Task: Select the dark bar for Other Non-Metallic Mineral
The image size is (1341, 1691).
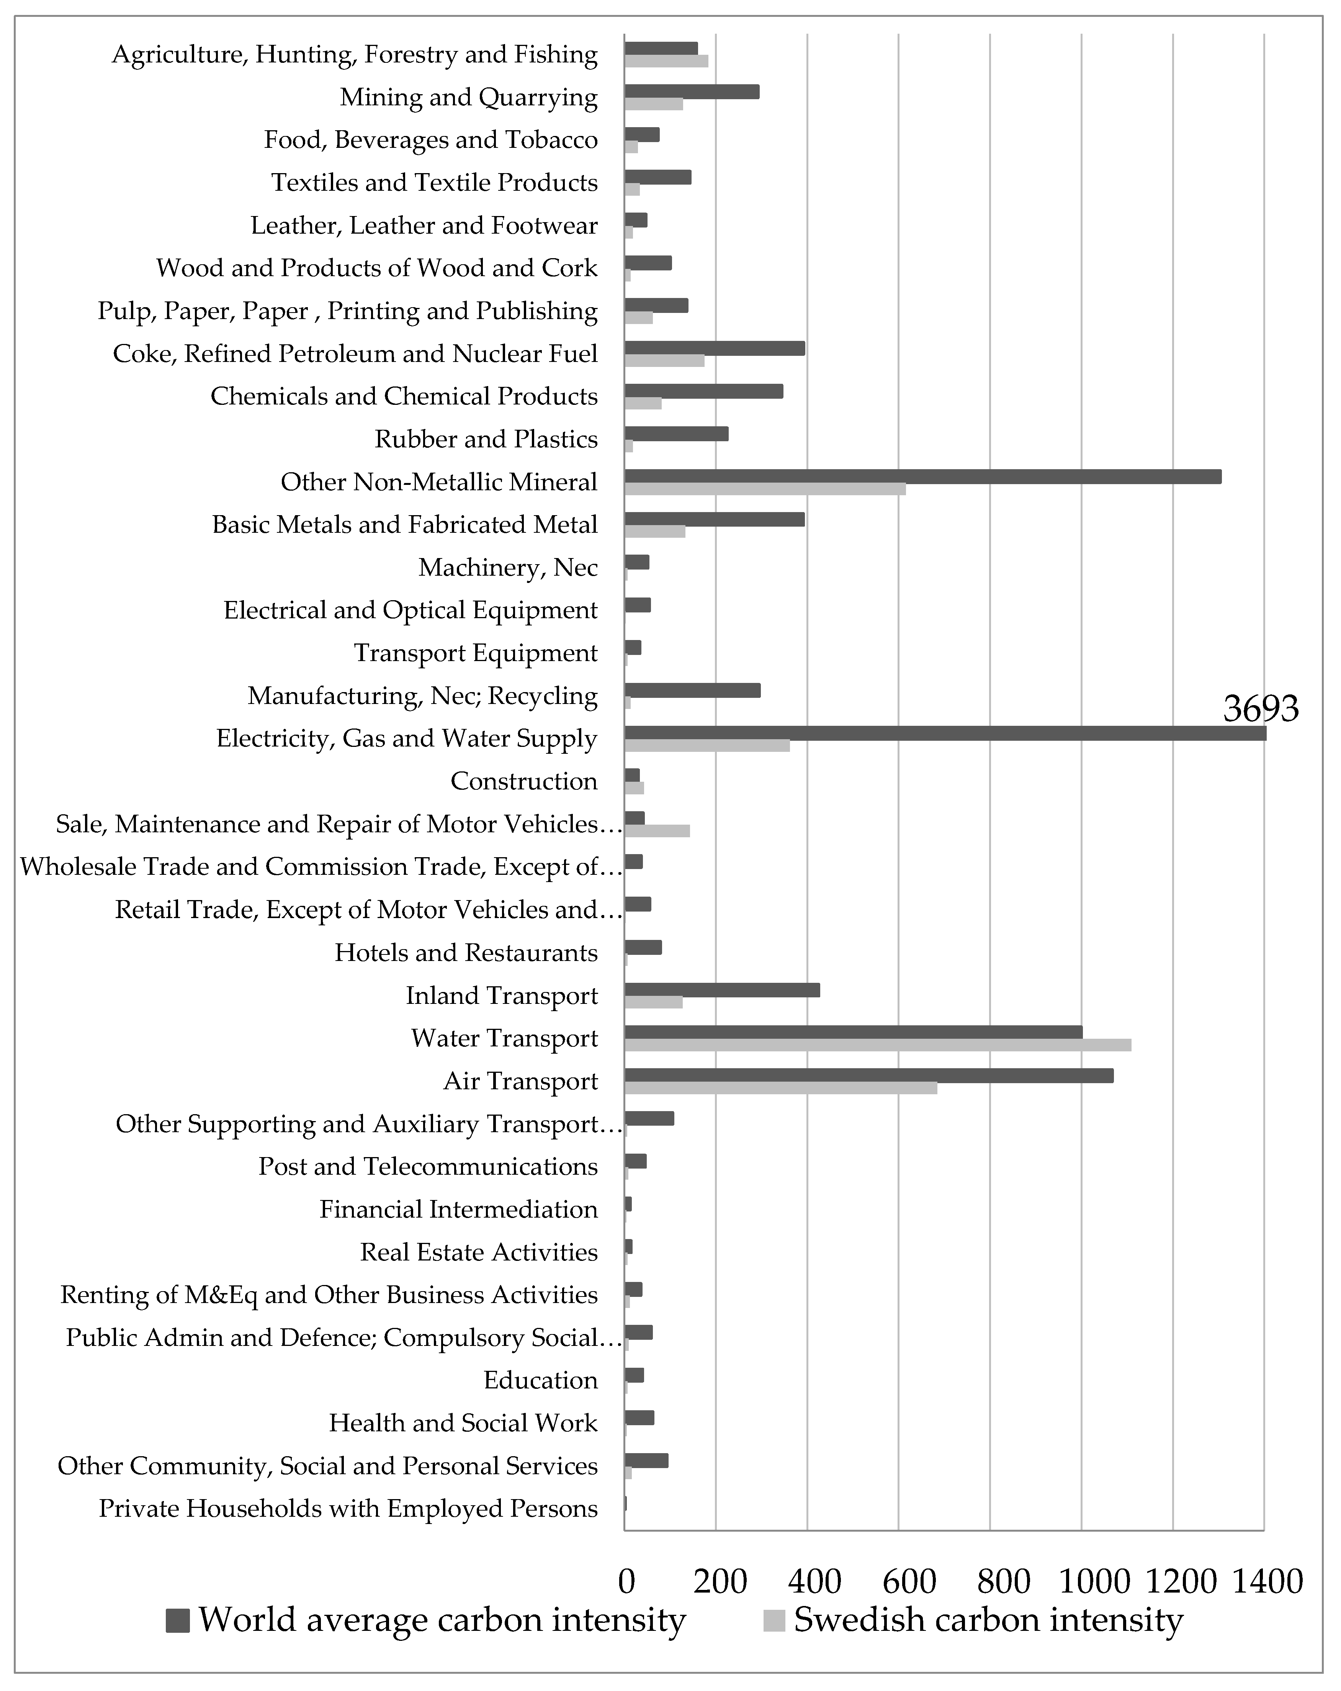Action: tap(922, 476)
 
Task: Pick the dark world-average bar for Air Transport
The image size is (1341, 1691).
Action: tap(868, 1075)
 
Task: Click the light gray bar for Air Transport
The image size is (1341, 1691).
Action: tap(780, 1088)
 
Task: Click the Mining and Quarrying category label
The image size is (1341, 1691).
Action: tap(468, 97)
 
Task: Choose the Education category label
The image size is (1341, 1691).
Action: tap(540, 1380)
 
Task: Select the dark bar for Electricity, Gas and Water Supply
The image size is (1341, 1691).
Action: tap(945, 733)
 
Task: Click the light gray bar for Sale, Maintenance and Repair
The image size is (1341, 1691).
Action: tap(657, 831)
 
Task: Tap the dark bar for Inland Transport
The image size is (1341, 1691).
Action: tap(721, 990)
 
